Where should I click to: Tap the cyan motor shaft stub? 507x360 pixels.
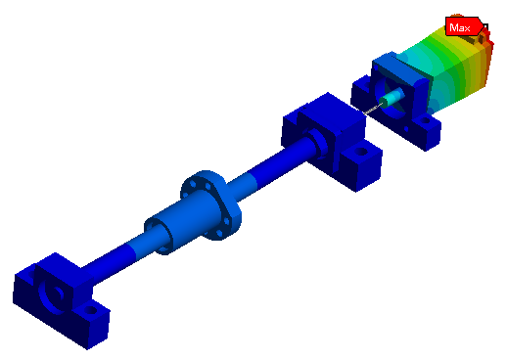392,97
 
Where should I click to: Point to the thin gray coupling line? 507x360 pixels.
373,109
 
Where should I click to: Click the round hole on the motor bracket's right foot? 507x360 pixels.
425,121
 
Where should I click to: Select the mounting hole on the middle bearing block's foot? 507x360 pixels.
361,152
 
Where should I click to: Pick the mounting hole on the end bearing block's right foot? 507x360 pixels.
90,310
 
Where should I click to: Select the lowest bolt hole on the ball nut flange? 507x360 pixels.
219,233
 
